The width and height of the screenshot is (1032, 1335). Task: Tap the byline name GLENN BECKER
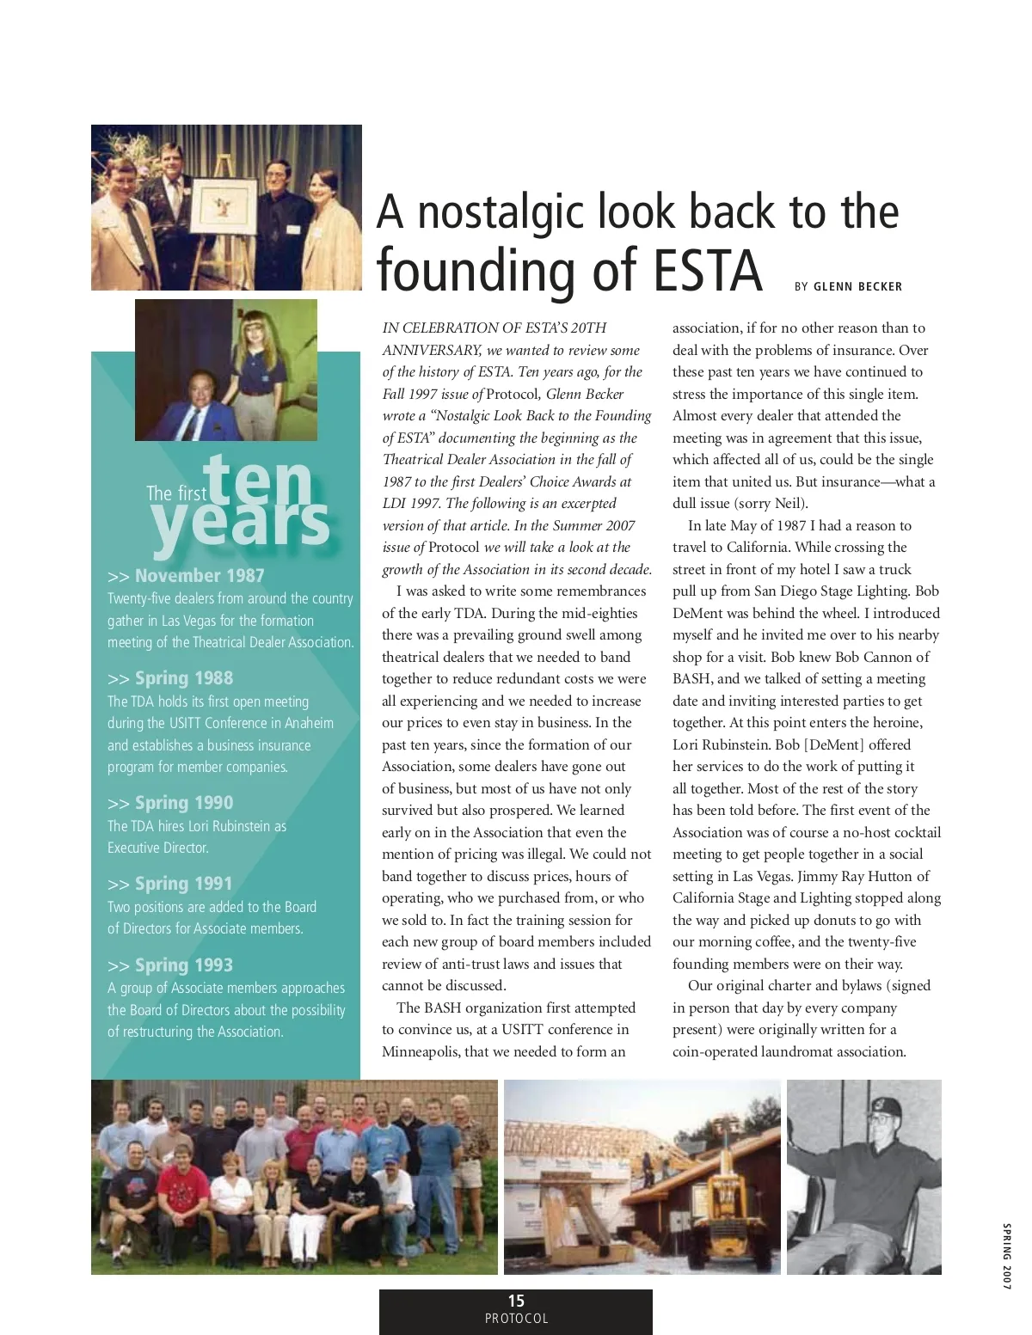[x=857, y=287]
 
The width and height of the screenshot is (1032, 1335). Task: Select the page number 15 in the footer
[x=516, y=1301]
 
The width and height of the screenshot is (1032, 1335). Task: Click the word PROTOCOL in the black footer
[x=516, y=1319]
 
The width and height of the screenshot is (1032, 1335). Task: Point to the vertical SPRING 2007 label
[x=1006, y=1255]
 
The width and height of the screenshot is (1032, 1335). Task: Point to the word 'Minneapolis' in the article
[x=421, y=1051]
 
